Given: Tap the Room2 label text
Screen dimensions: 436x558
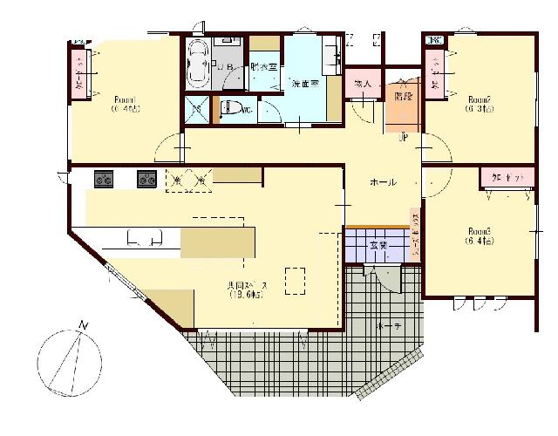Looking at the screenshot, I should [x=480, y=99].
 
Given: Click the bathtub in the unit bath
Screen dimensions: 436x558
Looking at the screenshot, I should [x=194, y=65].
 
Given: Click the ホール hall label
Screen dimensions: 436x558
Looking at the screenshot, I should [x=384, y=182].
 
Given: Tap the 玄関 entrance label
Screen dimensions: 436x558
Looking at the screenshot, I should [x=376, y=243].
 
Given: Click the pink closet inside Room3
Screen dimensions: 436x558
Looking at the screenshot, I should [x=506, y=177].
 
